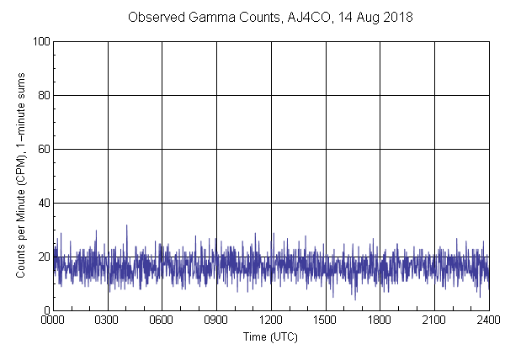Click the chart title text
click(270, 17)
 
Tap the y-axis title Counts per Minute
click(20, 176)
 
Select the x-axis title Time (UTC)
click(270, 336)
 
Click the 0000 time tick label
click(53, 320)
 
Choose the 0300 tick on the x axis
click(108, 320)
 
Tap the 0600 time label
click(162, 320)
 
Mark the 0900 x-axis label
click(216, 320)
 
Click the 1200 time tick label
click(271, 320)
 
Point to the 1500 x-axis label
click(326, 320)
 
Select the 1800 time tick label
click(380, 320)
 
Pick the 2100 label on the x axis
click(434, 320)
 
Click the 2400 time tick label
click(488, 320)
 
